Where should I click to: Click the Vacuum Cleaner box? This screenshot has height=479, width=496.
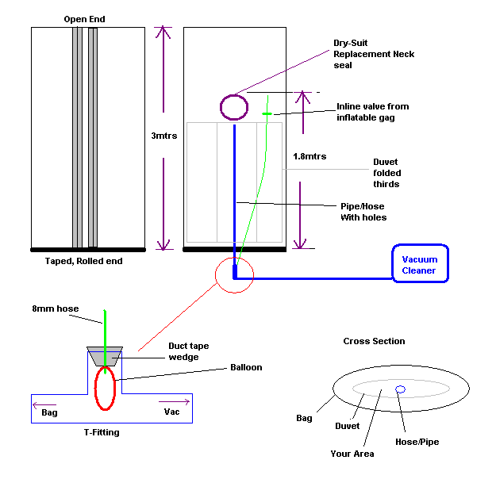(421, 264)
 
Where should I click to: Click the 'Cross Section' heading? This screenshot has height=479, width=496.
(374, 341)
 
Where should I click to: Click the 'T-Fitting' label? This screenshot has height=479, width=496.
(101, 432)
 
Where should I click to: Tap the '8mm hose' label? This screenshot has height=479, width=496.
(52, 308)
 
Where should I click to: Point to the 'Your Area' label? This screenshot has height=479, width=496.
(353, 454)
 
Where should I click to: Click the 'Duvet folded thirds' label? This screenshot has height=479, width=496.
(386, 173)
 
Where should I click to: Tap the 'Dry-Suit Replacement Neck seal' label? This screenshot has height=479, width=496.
(374, 54)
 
